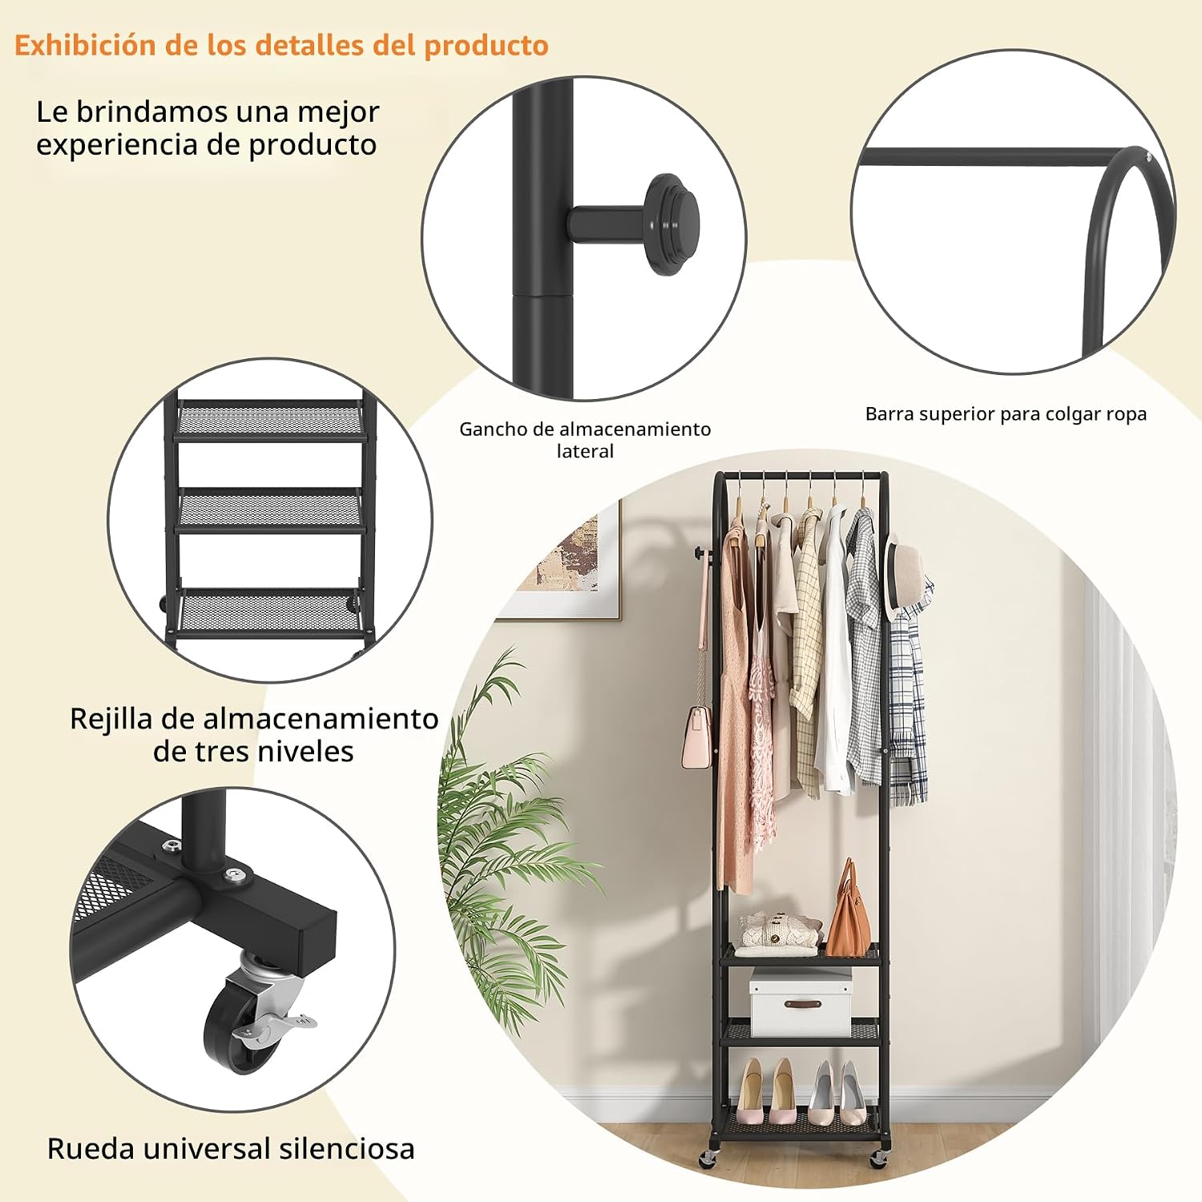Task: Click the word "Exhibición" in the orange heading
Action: point(86,45)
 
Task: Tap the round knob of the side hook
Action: point(673,224)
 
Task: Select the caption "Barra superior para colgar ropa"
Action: point(1006,414)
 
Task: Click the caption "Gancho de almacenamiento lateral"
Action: point(585,440)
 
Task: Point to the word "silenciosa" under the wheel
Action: point(347,1148)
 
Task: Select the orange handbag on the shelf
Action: point(848,910)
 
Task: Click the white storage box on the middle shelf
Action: point(800,1002)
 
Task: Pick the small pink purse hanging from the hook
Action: point(696,737)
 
